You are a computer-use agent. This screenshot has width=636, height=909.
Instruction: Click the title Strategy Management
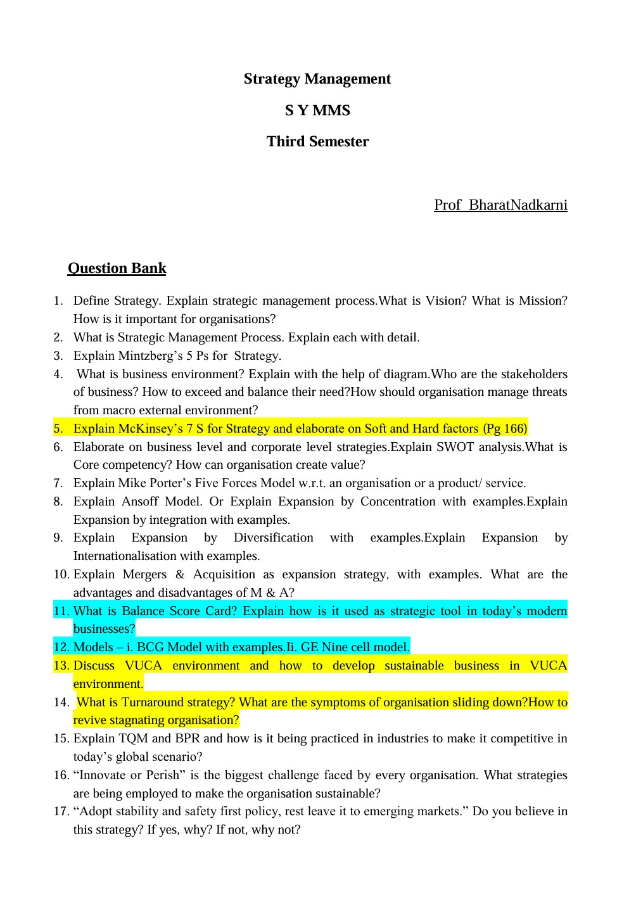pos(317,79)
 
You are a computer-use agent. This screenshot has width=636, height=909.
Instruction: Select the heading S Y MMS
pos(317,110)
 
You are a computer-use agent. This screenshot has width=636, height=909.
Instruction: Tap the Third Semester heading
pos(317,141)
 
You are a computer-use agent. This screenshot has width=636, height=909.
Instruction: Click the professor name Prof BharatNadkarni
pos(500,205)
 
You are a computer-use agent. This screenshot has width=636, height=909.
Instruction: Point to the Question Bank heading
pos(117,268)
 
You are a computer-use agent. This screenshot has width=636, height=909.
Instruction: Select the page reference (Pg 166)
pos(505,428)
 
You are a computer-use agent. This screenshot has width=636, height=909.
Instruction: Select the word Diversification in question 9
pos(273,537)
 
